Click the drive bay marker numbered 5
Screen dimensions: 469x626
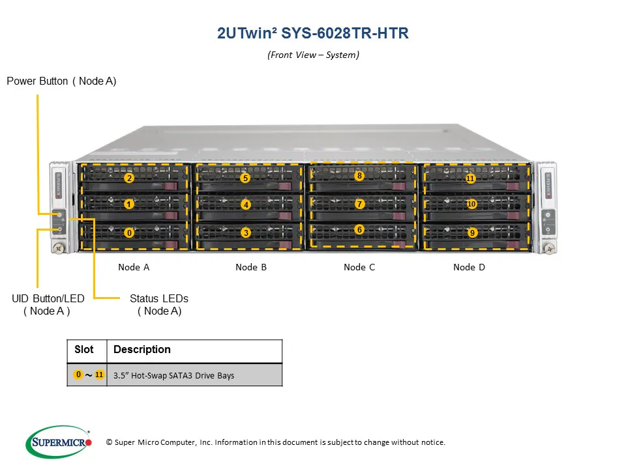click(245, 178)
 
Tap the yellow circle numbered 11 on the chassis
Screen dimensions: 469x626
click(470, 178)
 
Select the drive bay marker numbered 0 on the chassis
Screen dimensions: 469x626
click(129, 232)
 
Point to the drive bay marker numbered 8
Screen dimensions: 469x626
click(359, 176)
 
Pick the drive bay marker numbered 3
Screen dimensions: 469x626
click(245, 232)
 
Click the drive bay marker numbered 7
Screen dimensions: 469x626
click(359, 204)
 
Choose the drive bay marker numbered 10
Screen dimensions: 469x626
click(471, 204)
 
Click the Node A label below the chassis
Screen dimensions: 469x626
click(134, 267)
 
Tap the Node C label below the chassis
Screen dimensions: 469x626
click(359, 267)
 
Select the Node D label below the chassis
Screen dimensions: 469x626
click(469, 267)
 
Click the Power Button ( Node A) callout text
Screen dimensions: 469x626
click(61, 81)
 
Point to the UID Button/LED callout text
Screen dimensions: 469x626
click(48, 299)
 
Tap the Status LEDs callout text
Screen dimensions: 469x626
click(159, 299)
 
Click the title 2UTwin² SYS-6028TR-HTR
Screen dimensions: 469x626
click(313, 34)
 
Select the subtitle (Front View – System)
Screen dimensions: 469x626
click(313, 55)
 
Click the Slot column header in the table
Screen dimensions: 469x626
click(84, 350)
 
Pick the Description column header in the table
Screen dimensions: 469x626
click(142, 350)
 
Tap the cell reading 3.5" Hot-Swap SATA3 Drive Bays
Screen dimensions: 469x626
click(173, 375)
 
